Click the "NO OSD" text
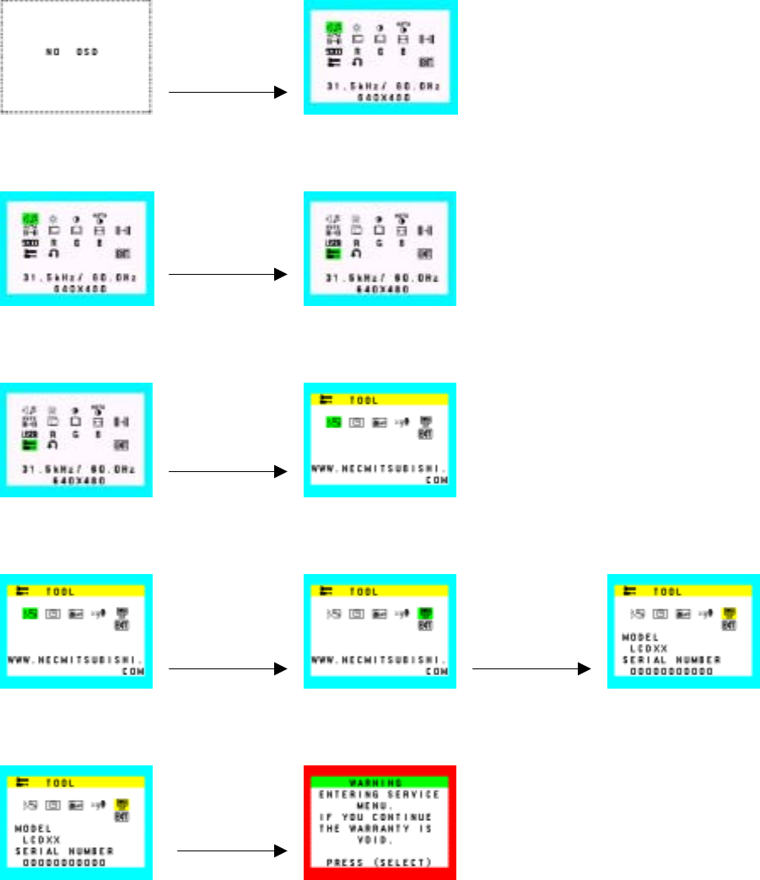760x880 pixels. (x=72, y=51)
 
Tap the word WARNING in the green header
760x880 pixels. (x=380, y=783)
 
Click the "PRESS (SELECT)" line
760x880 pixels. (x=380, y=863)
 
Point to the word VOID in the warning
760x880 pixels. (x=380, y=840)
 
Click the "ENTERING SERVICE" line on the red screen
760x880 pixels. (x=380, y=794)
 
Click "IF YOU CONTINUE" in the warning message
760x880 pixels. (x=380, y=818)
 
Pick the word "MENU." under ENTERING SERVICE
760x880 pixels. (x=380, y=806)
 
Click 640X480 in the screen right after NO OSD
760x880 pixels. (x=380, y=98)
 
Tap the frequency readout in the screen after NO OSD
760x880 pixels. (x=380, y=87)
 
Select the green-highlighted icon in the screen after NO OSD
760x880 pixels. (x=331, y=29)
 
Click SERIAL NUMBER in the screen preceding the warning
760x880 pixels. (x=64, y=851)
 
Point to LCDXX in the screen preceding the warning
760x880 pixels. (x=41, y=840)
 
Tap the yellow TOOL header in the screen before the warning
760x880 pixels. (x=77, y=783)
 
